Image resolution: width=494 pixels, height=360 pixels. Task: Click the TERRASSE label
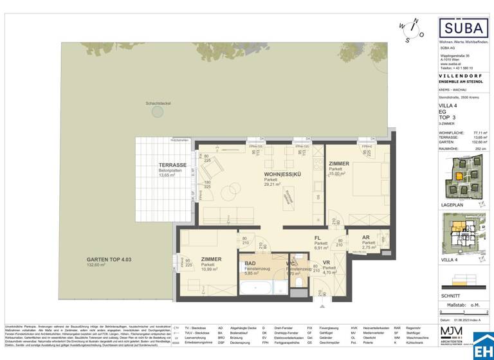(172, 165)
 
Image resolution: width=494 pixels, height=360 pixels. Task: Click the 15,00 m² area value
(339, 175)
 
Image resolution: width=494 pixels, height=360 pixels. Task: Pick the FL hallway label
(318, 237)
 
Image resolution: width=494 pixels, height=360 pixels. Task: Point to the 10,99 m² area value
(209, 269)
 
